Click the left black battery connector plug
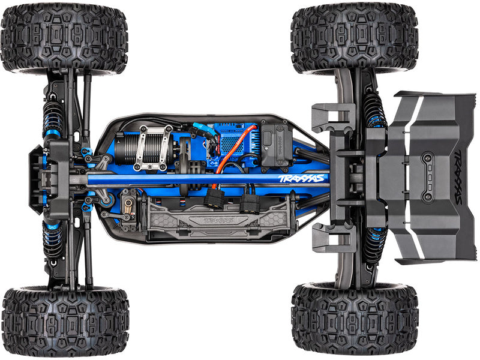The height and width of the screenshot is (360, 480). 214,199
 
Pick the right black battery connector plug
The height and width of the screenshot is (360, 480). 250,204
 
